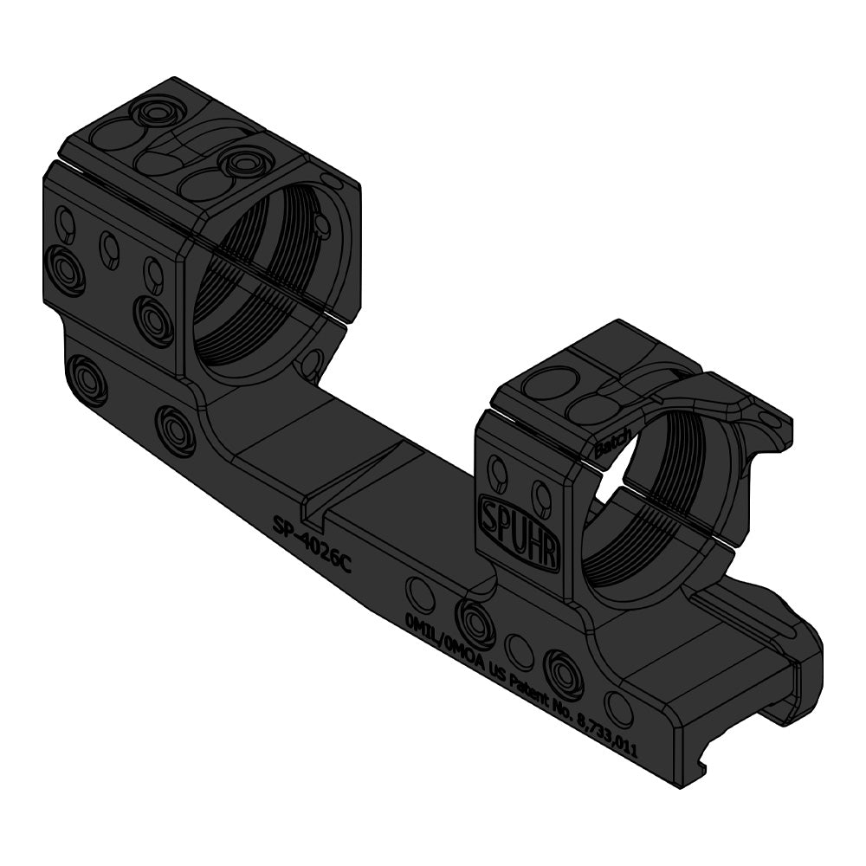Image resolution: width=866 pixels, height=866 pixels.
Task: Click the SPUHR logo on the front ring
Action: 518,529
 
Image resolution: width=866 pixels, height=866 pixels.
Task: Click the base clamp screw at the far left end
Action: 87,378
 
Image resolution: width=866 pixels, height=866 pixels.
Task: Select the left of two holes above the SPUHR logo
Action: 499,472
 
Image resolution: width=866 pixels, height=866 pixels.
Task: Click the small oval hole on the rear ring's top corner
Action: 330,179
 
